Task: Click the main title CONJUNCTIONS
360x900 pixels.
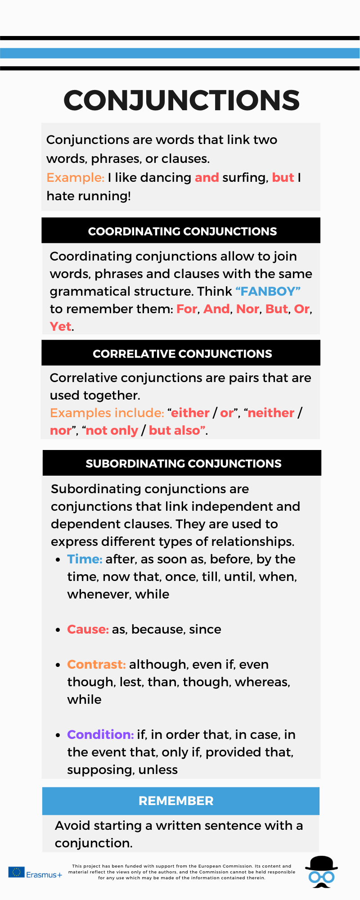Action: coord(181,100)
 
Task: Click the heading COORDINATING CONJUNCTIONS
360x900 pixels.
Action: coord(182,231)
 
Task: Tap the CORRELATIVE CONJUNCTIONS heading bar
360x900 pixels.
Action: coord(182,354)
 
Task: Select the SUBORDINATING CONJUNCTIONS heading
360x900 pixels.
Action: coord(183,463)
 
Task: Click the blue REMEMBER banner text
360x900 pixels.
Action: coord(176,801)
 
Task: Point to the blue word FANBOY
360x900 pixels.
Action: coord(268,291)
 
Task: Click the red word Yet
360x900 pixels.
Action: coord(60,326)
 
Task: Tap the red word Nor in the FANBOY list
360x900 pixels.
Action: coord(247,309)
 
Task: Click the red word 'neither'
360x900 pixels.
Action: coord(271,413)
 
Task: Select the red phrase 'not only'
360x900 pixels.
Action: coord(112,430)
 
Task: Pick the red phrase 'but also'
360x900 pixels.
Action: coord(175,430)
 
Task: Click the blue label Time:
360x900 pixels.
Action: coord(85,559)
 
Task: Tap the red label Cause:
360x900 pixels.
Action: coord(88,629)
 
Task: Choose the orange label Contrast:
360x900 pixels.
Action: coord(96,664)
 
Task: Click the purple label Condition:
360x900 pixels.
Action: coord(100,734)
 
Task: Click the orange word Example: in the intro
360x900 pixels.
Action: coord(75,177)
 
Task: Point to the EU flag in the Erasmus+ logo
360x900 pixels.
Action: coord(17,872)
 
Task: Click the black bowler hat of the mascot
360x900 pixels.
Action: coord(321,863)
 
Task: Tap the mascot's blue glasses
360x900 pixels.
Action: coord(321,877)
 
